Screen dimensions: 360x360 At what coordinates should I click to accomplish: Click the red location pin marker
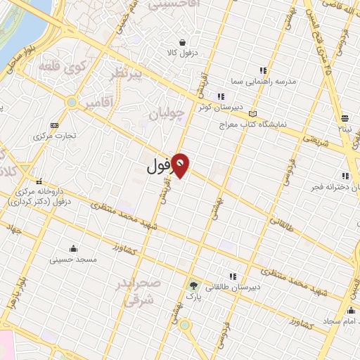[181, 165]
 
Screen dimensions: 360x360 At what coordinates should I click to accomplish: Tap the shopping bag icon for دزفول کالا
[182, 41]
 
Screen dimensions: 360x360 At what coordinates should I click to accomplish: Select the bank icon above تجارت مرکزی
[55, 124]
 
